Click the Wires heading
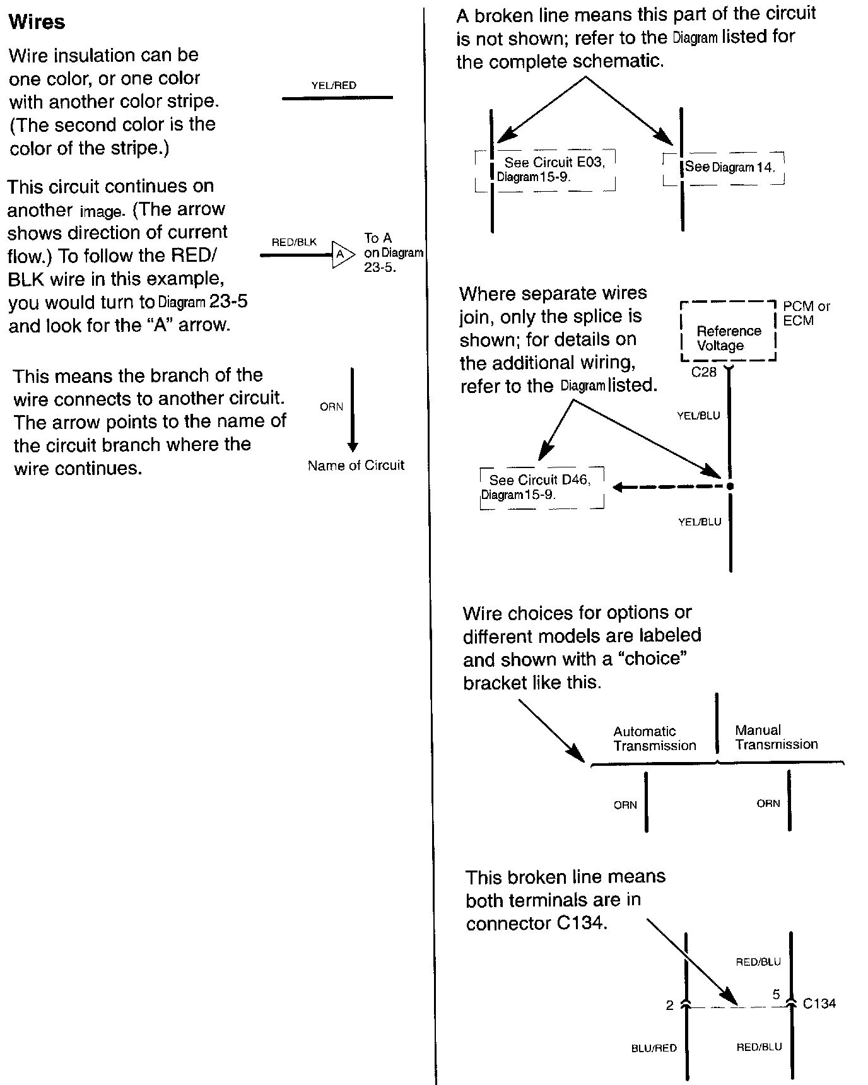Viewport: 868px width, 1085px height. [x=37, y=22]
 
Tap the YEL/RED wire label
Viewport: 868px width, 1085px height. [x=334, y=85]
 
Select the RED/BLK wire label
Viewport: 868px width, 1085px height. [x=294, y=242]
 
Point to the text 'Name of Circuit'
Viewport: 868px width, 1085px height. [x=356, y=466]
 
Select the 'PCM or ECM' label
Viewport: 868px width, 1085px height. [x=806, y=314]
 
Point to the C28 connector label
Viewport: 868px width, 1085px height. [x=703, y=372]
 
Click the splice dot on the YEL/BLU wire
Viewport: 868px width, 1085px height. [x=730, y=486]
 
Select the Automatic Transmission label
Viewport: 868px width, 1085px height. [x=654, y=739]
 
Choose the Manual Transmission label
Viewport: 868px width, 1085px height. [x=776, y=737]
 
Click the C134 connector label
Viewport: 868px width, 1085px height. [x=819, y=1004]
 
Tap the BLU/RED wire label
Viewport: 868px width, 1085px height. [x=654, y=1048]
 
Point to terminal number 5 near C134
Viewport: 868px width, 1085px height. [x=777, y=995]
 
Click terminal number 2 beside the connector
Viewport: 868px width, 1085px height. [x=669, y=1006]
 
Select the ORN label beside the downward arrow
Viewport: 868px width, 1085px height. [x=331, y=407]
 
